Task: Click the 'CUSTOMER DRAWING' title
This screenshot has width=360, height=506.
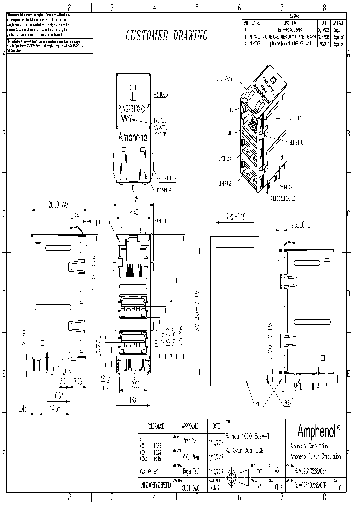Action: click(x=166, y=36)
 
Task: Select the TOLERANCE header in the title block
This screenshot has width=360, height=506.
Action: click(x=155, y=426)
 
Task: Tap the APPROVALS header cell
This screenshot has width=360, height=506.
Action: click(x=190, y=426)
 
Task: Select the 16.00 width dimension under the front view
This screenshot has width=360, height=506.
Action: click(x=134, y=401)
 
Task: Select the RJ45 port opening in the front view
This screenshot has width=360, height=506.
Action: click(x=134, y=270)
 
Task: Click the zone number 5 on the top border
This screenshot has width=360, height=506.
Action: click(x=197, y=7)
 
